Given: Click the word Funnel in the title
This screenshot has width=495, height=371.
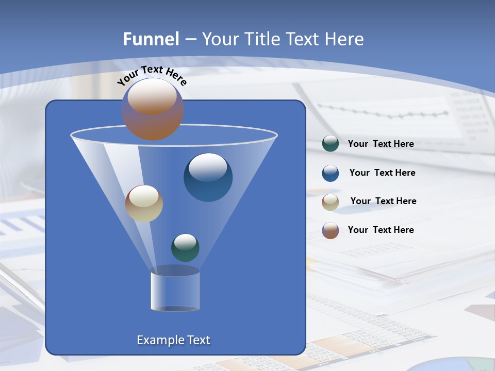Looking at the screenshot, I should point(151,39).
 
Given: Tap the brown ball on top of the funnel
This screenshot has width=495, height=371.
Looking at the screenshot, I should point(152,109).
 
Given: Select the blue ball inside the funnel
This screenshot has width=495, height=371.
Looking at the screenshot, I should point(208,177).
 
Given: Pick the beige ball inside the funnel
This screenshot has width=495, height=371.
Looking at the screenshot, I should point(144,204).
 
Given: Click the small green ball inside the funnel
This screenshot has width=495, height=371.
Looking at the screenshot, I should point(185,247).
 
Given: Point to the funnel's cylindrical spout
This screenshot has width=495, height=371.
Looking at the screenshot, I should point(175,289).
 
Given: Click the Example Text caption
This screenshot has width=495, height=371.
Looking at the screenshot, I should point(173,340).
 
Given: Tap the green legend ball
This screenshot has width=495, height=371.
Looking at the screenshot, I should point(331,144).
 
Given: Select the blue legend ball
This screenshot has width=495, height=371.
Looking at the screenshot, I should point(331,173).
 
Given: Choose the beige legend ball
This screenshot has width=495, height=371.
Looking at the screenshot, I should point(331,202).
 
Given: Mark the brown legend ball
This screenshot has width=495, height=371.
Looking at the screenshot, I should point(331,230).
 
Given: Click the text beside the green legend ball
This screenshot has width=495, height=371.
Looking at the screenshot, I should point(381,144).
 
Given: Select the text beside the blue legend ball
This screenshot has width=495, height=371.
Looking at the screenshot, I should point(382,173).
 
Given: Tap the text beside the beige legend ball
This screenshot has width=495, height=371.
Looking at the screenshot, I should point(383,201).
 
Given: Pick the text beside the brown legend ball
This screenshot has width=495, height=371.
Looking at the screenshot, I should point(381,230).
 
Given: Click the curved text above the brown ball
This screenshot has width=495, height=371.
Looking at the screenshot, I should point(152,74).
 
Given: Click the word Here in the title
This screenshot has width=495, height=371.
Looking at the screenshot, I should point(344,39).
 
